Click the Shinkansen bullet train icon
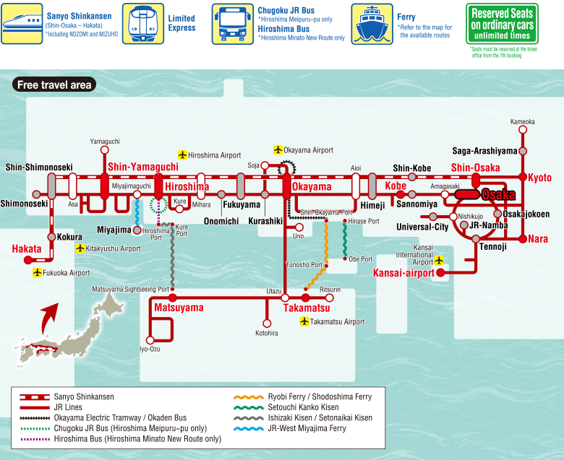point(22,24)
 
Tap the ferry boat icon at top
point(372,24)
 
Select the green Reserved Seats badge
point(502,24)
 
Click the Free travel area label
point(54,84)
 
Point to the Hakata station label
point(27,249)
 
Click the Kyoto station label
point(539,178)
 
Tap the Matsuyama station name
point(179,308)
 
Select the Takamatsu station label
point(307,308)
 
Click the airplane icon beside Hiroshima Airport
point(183,155)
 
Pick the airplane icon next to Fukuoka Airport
point(38,272)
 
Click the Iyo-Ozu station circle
point(150,340)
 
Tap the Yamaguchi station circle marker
point(105,149)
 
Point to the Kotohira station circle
point(267,324)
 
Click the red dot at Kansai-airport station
point(440,272)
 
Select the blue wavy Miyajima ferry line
point(137,212)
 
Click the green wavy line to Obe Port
point(345,240)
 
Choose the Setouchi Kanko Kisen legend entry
point(286,407)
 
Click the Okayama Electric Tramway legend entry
point(103,417)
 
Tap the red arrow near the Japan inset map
point(49,318)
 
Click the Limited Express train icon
point(143,24)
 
